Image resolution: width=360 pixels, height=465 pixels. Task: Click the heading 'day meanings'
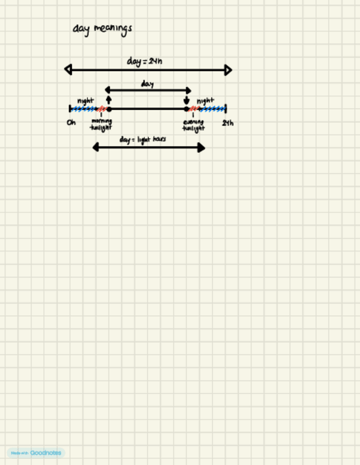[102, 28]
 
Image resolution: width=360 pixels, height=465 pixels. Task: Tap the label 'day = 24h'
[144, 61]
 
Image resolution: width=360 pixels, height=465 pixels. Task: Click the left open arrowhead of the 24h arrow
[68, 70]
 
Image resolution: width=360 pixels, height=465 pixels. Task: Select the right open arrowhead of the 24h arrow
[228, 70]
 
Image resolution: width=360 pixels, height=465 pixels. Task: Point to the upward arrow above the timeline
[109, 99]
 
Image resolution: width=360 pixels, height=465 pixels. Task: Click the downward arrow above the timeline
[187, 100]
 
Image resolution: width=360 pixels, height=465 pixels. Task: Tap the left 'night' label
[86, 101]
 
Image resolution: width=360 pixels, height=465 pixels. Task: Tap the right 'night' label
[205, 101]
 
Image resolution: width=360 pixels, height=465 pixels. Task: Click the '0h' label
[71, 122]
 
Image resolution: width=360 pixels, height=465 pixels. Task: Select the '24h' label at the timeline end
[228, 123]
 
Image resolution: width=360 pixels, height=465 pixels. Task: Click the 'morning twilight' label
[102, 124]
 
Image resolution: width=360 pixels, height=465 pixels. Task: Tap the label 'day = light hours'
[143, 140]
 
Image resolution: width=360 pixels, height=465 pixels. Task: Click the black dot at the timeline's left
[109, 109]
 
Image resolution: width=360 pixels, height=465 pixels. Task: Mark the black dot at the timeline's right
[187, 109]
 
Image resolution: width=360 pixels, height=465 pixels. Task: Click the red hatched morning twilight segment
[102, 109]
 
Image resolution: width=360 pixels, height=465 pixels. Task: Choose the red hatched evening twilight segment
[194, 109]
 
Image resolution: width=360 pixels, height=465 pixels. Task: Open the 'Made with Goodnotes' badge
[36, 453]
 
